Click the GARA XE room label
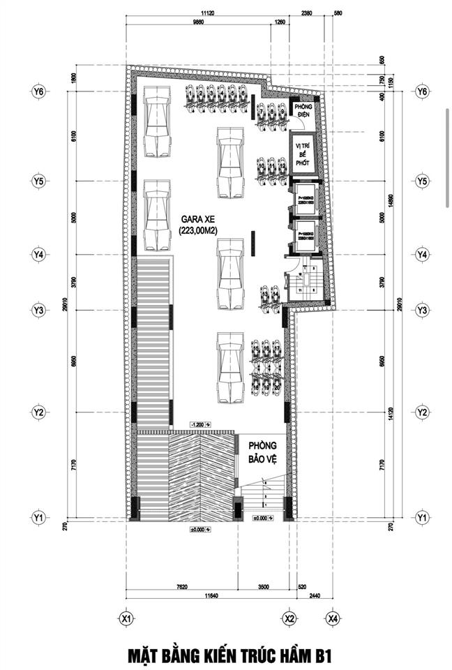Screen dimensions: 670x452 point(195,218)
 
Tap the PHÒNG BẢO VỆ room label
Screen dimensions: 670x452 point(264,452)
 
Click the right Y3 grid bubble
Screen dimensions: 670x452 point(421,309)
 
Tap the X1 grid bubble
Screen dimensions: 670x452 point(126,618)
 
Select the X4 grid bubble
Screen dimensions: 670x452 point(333,618)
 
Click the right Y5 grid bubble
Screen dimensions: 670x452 point(421,181)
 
